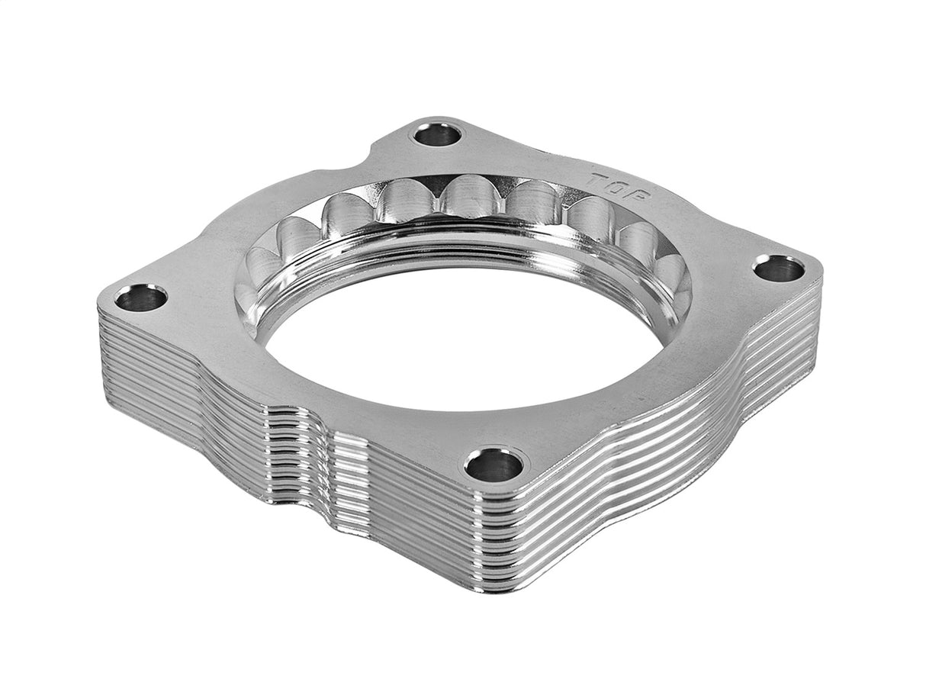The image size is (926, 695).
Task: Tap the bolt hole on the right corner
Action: coord(779,269)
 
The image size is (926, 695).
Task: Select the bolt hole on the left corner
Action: coord(141,298)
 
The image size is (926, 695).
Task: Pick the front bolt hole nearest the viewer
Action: coord(495,465)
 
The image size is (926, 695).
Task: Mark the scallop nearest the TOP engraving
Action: coord(591,217)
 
